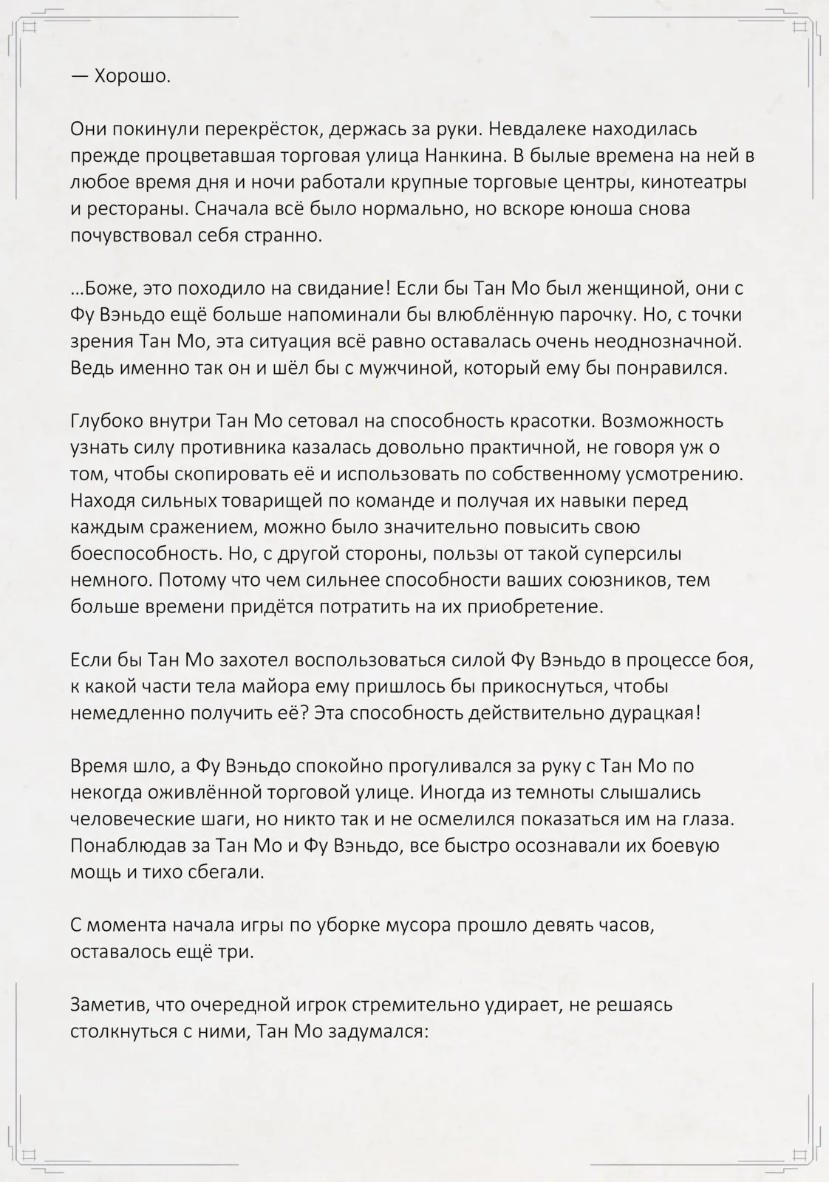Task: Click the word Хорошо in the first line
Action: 133,76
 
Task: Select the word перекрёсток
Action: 262,129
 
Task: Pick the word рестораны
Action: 137,209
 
